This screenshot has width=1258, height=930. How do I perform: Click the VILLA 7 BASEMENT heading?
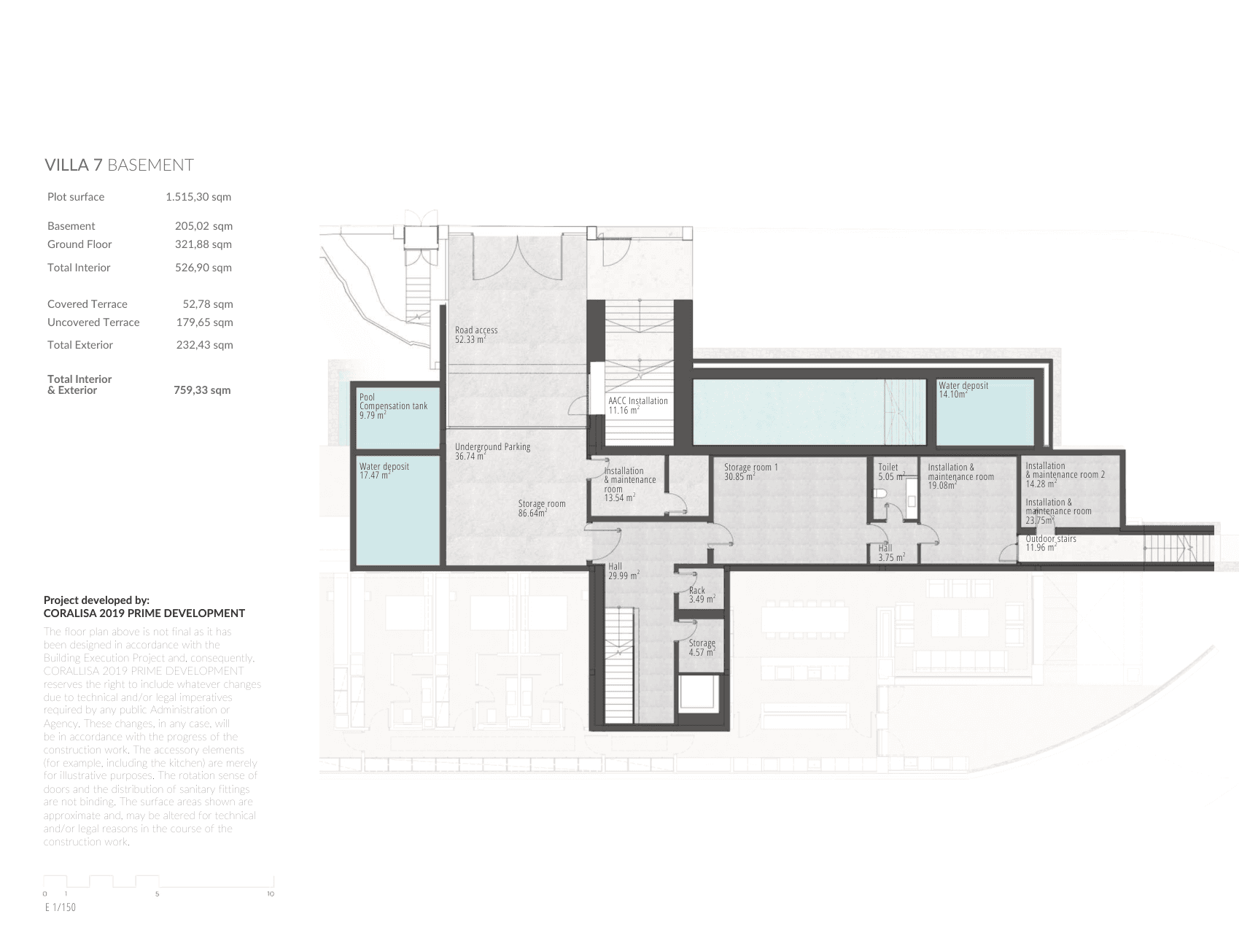click(119, 165)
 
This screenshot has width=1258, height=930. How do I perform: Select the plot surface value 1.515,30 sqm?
click(198, 197)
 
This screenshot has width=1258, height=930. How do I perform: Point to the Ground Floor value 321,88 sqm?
click(203, 244)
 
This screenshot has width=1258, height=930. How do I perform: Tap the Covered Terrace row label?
click(88, 304)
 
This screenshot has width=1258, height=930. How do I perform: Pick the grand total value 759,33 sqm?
click(202, 390)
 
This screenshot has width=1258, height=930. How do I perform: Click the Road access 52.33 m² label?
click(475, 335)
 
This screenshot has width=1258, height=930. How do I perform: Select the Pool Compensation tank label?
click(393, 406)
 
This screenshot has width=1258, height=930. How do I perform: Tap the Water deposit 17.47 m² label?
click(384, 470)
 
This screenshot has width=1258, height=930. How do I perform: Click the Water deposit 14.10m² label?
click(963, 390)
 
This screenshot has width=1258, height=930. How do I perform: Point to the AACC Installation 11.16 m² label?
click(637, 406)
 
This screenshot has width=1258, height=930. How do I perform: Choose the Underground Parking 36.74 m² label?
click(492, 452)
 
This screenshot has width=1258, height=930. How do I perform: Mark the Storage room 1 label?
click(750, 471)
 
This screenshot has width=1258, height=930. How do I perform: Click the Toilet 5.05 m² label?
click(890, 472)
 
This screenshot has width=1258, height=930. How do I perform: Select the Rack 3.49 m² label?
click(701, 595)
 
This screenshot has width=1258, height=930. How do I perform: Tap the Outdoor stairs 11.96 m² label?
click(1050, 543)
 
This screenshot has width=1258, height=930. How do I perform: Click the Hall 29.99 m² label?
click(623, 571)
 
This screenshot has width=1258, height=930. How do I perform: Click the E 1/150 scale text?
click(60, 908)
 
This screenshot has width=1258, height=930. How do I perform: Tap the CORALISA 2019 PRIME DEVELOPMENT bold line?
click(144, 613)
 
